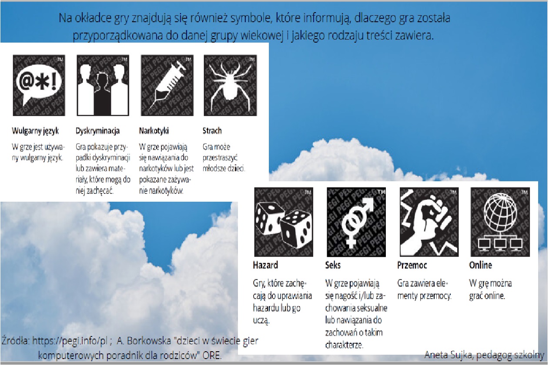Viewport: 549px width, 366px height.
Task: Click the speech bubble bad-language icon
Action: (x=39, y=85)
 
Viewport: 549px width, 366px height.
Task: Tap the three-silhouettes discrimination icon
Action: (x=103, y=85)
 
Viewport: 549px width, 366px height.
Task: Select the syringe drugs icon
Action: (x=167, y=85)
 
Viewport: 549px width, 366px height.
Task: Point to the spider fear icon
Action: (x=231, y=85)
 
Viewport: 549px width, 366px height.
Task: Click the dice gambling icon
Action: (x=284, y=222)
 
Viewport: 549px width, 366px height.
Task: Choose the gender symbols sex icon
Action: (x=356, y=222)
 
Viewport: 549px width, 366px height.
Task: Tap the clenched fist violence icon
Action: (x=429, y=222)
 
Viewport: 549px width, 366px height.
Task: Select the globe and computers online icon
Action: (x=500, y=222)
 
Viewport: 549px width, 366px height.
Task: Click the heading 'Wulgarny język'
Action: (x=35, y=131)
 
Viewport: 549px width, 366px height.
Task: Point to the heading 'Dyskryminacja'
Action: (x=97, y=131)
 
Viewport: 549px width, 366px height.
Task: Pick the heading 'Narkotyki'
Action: (x=154, y=131)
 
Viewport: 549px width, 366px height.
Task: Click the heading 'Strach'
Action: (x=212, y=131)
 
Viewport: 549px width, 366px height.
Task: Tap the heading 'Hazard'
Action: (x=265, y=265)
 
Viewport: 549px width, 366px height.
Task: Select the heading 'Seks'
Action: (x=333, y=265)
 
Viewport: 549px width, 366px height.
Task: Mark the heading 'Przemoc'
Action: (x=412, y=265)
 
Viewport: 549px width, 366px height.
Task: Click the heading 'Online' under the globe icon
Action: (x=480, y=265)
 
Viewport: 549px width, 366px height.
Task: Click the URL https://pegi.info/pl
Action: (x=70, y=341)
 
